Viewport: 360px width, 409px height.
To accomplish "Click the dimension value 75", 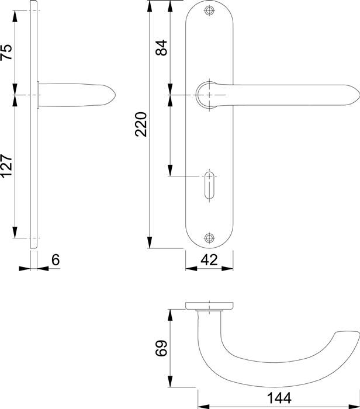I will coord(6,53).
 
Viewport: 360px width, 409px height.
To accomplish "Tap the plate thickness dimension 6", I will coord(55,261).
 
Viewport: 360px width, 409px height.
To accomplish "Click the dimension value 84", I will coord(162,47).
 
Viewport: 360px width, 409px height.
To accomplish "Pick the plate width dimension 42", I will coord(209,261).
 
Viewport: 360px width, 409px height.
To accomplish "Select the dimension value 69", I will coord(162,348).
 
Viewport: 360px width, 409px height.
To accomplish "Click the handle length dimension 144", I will coord(280,398).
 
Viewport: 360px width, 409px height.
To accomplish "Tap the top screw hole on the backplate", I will coord(210,11).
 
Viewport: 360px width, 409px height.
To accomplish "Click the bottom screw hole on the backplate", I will coord(210,237).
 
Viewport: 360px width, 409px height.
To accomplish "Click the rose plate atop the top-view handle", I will coord(209,305).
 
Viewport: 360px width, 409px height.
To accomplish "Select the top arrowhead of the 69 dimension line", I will coord(171,313).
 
